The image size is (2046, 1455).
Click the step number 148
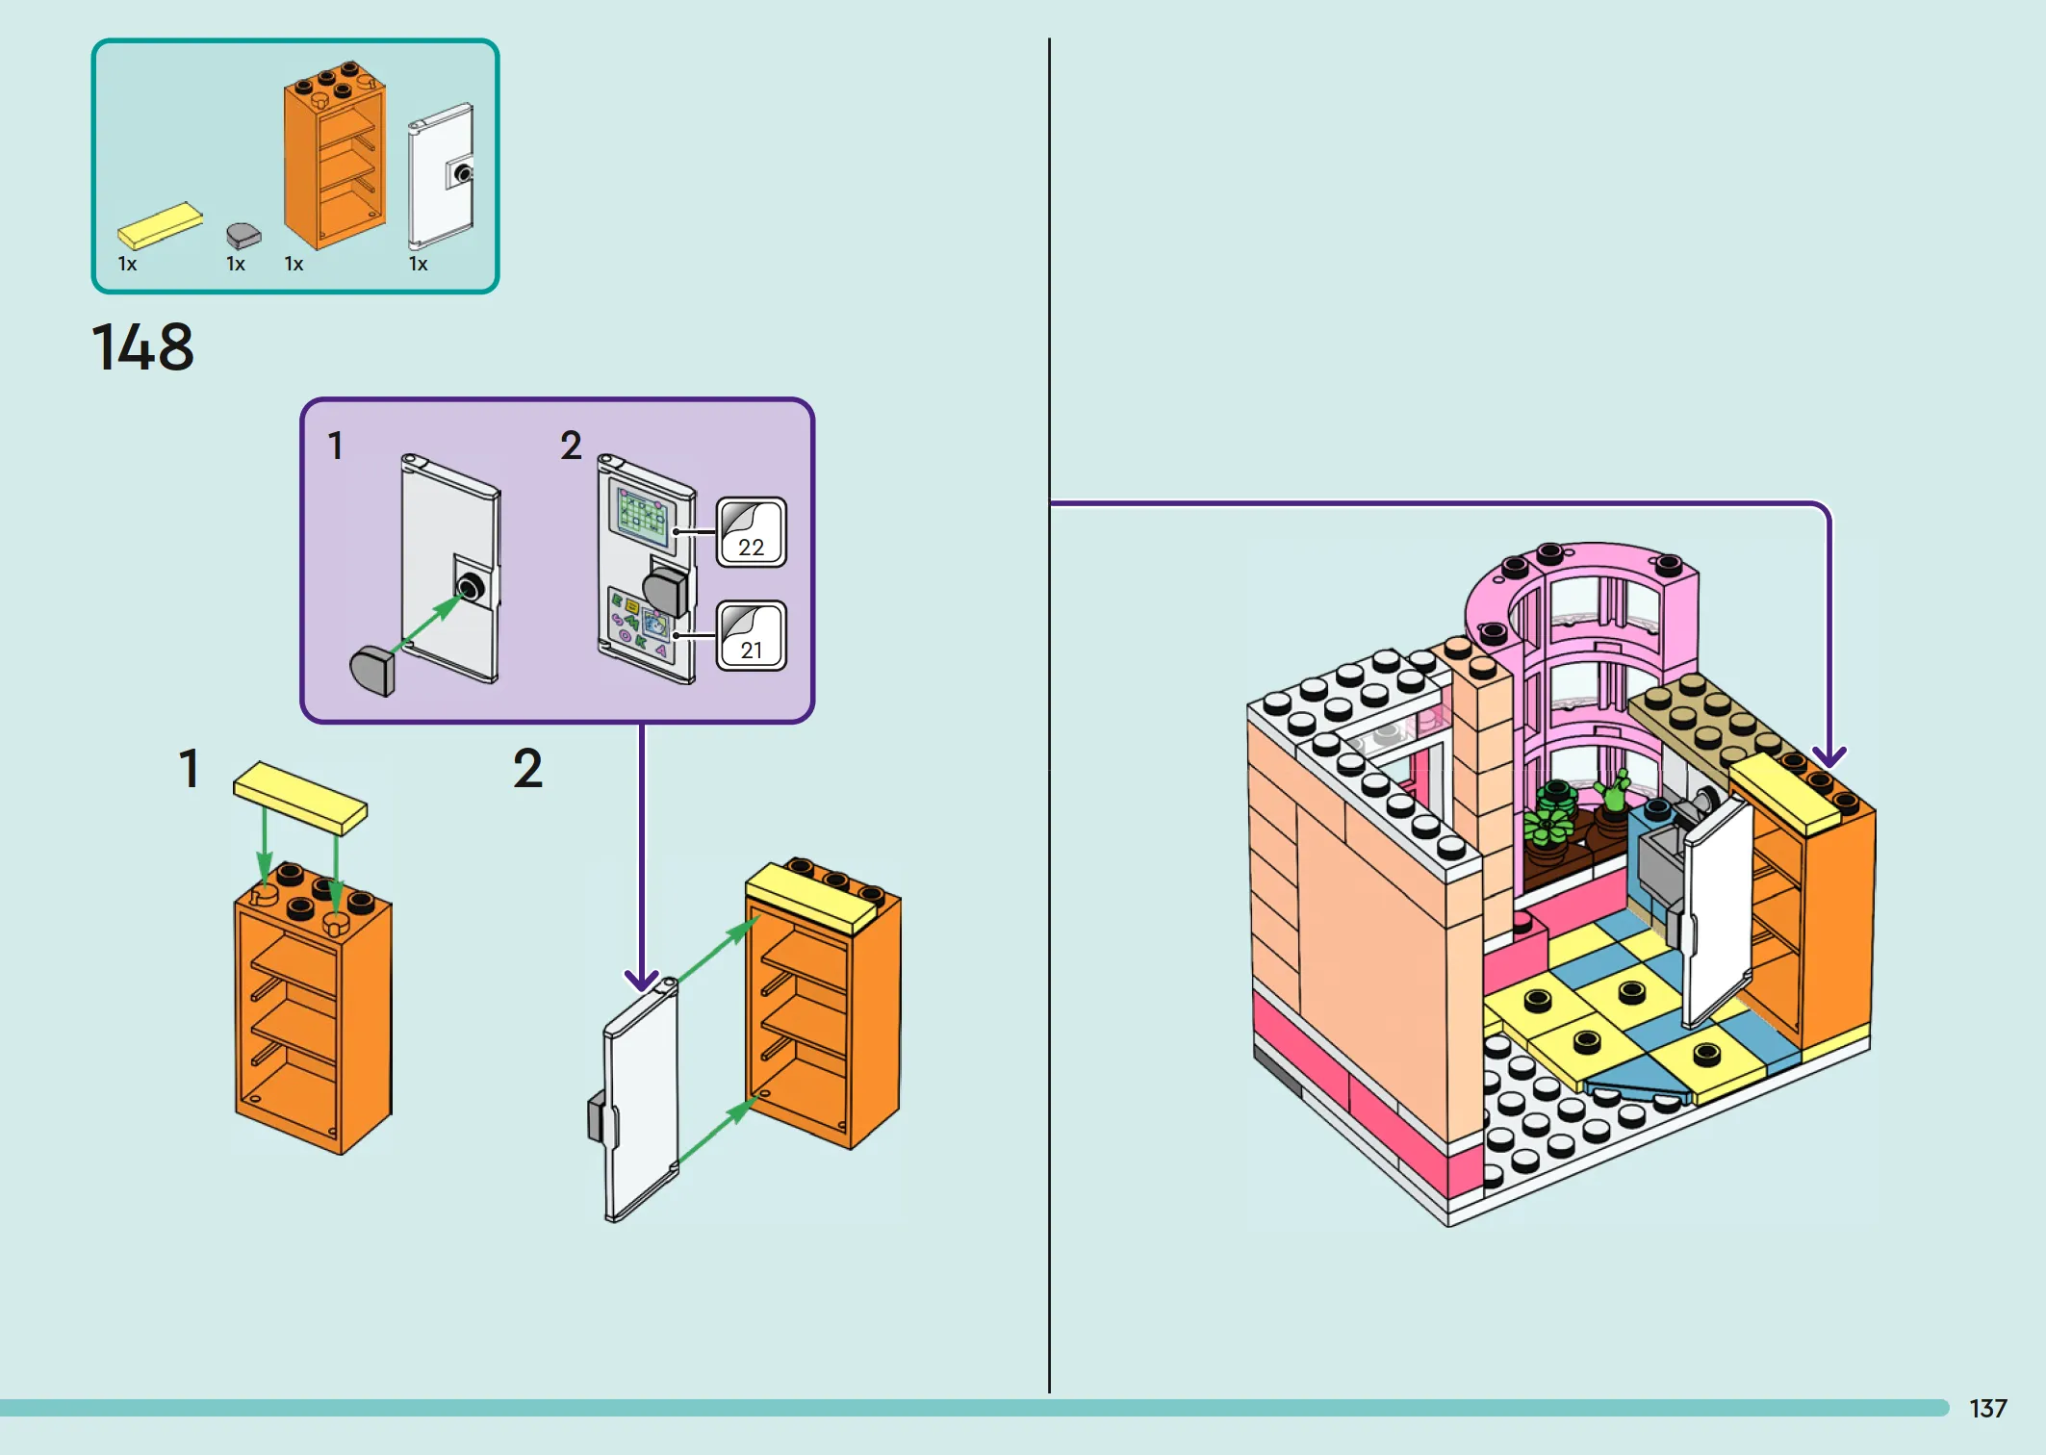point(142,346)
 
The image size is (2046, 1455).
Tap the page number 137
point(1987,1409)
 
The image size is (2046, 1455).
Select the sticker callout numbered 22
point(752,532)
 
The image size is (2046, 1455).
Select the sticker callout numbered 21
point(752,635)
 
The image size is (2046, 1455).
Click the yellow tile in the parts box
point(160,225)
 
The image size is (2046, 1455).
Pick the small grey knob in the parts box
point(243,236)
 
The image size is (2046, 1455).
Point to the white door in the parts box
point(441,176)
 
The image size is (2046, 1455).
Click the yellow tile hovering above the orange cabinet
point(300,798)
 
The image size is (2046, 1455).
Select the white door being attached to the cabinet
point(637,1099)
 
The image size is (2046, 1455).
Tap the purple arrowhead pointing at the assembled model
point(1829,756)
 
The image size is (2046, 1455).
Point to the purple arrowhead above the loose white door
point(642,980)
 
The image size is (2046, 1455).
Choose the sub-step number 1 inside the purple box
point(335,446)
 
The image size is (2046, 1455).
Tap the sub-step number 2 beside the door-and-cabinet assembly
point(527,769)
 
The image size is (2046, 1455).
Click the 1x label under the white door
point(418,264)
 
